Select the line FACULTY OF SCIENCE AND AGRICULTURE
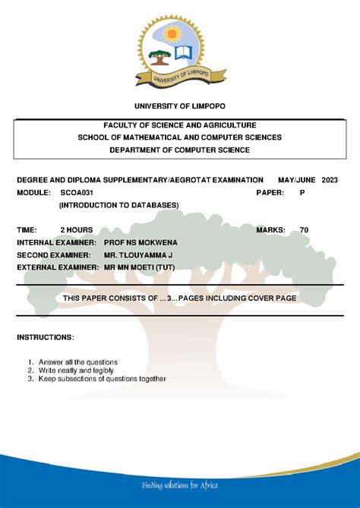click(180, 125)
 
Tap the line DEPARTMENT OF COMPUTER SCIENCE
click(180, 150)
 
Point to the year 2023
click(331, 180)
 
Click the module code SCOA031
click(77, 193)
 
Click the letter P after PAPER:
click(302, 193)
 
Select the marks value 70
click(304, 229)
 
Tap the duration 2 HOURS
click(77, 229)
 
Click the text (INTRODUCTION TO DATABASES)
click(119, 205)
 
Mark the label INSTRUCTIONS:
click(46, 336)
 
